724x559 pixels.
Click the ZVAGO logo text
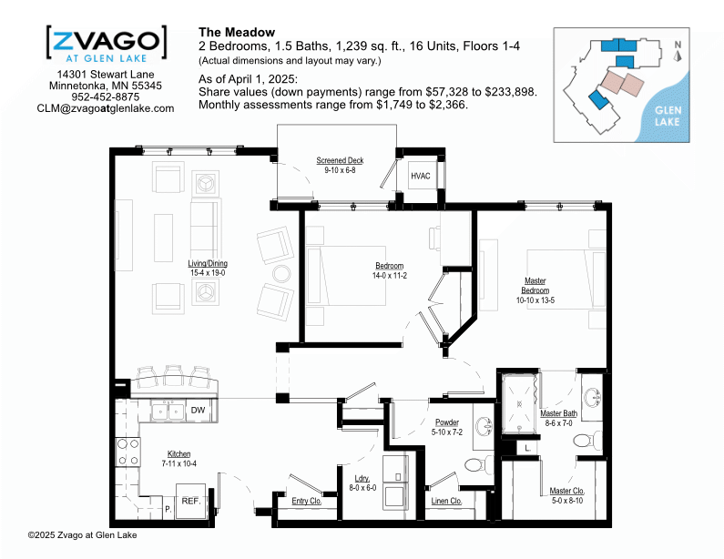click(107, 41)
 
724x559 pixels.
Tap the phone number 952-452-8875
click(106, 97)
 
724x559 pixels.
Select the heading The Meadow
click(237, 32)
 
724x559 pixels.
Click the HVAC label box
click(420, 176)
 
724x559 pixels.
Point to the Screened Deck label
click(340, 160)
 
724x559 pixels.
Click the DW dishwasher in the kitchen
click(199, 411)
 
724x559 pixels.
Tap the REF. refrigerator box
click(190, 501)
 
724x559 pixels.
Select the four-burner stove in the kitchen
click(127, 452)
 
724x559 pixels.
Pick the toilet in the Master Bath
click(587, 440)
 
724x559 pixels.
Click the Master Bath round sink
click(593, 398)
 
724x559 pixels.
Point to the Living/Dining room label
click(208, 263)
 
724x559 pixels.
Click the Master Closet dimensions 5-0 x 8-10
click(567, 501)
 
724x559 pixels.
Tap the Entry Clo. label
click(307, 501)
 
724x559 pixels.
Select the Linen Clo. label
click(446, 501)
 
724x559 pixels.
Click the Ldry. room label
click(362, 478)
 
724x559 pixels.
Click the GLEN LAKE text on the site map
click(668, 116)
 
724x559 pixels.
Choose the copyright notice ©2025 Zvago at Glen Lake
click(82, 535)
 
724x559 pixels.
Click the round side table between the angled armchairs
click(281, 274)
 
